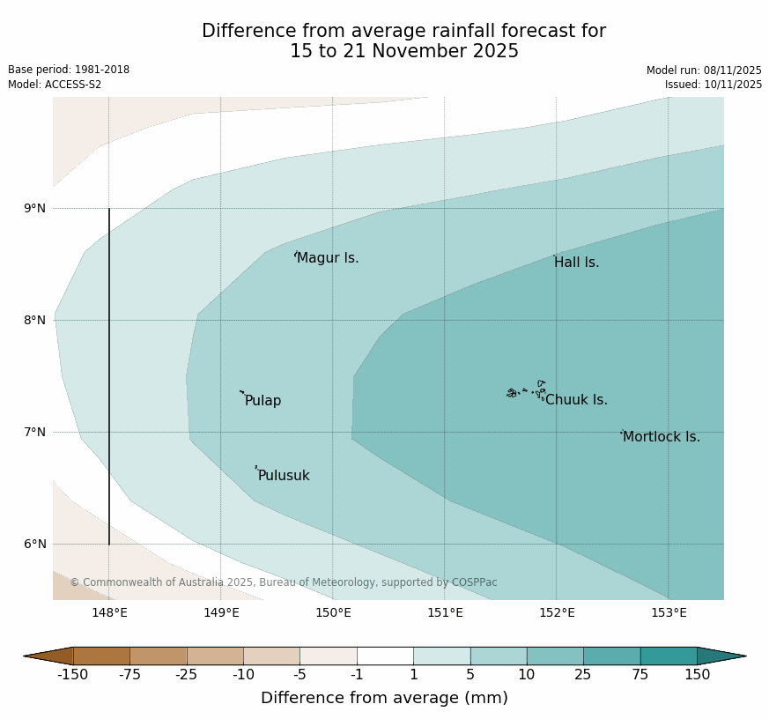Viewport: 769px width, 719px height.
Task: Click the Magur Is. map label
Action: [x=328, y=258]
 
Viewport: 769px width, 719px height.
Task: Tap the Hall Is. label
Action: [x=576, y=263]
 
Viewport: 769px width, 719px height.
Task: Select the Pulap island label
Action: [x=262, y=401]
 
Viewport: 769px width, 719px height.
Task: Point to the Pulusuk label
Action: [x=284, y=476]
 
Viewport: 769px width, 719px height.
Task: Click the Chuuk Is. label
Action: [x=576, y=400]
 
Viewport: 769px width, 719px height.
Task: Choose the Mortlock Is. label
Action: [x=661, y=437]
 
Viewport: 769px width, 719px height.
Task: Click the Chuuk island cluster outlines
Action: [x=526, y=390]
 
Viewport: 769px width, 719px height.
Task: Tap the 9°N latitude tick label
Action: [x=35, y=209]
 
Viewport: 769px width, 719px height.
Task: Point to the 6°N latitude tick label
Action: [x=35, y=545]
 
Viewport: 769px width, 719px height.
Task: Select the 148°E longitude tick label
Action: [x=109, y=613]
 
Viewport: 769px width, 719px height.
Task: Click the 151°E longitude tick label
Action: [x=445, y=613]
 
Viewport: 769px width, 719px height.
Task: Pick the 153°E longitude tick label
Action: [x=669, y=613]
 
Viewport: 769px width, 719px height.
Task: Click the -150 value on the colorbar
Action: [x=73, y=675]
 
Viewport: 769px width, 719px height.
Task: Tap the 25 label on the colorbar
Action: [x=583, y=675]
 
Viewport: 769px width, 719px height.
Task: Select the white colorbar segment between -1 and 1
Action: [x=385, y=656]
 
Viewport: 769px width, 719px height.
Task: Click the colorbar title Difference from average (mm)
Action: [x=384, y=698]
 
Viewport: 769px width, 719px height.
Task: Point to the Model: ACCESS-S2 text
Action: [x=55, y=85]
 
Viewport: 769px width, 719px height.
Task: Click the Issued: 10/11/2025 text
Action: [x=713, y=85]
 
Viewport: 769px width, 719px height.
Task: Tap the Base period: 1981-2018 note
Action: [x=69, y=70]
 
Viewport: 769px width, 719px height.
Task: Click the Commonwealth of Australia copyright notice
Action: [x=284, y=582]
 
